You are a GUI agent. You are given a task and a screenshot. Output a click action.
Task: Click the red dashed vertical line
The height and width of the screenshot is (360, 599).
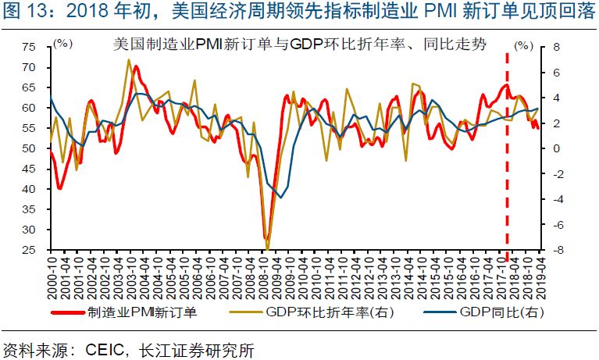click(x=508, y=156)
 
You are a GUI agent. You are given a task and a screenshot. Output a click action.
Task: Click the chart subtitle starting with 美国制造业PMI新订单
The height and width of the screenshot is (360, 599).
click(x=296, y=45)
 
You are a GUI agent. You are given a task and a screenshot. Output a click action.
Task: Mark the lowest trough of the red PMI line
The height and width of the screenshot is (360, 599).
click(x=266, y=238)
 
